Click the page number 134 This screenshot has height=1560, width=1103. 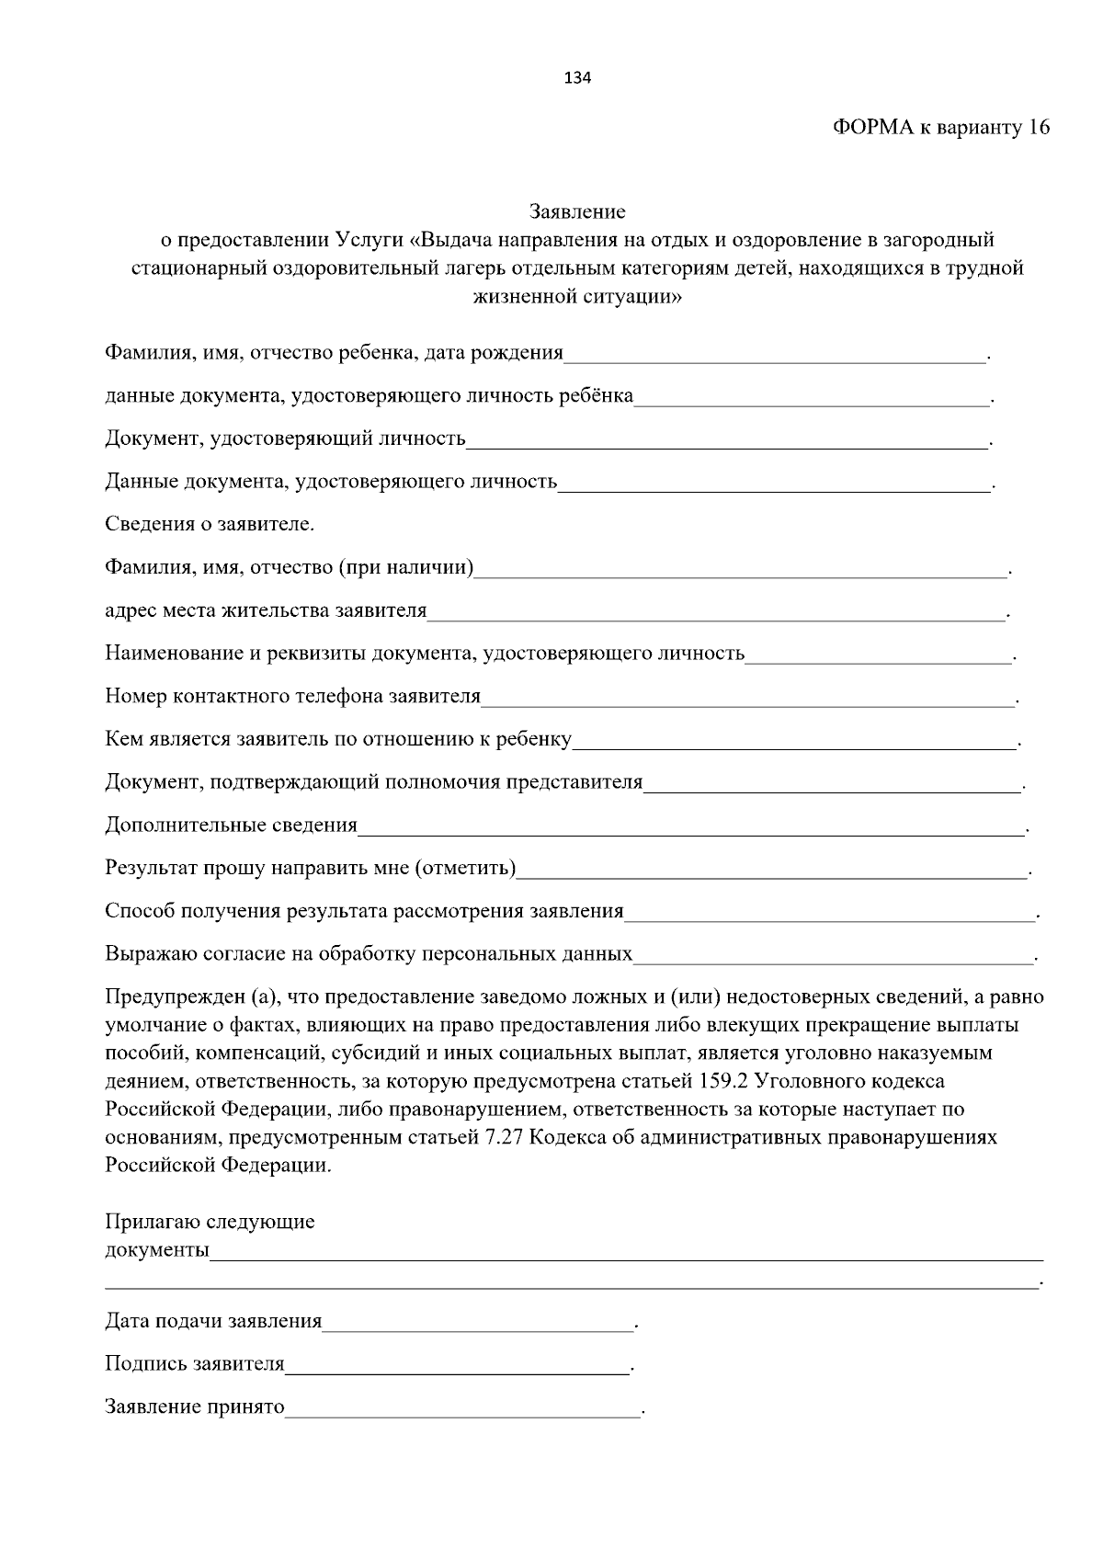577,78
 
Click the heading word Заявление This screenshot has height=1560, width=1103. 577,212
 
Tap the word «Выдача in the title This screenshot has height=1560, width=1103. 452,241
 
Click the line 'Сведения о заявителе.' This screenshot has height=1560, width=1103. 210,525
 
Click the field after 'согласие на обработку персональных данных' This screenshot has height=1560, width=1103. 832,955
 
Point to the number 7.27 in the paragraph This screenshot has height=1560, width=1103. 504,1138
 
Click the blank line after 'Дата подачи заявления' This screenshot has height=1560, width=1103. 478,1323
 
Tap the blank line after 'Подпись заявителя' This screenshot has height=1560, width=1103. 457,1365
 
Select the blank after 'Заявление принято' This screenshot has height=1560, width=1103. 462,1407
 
